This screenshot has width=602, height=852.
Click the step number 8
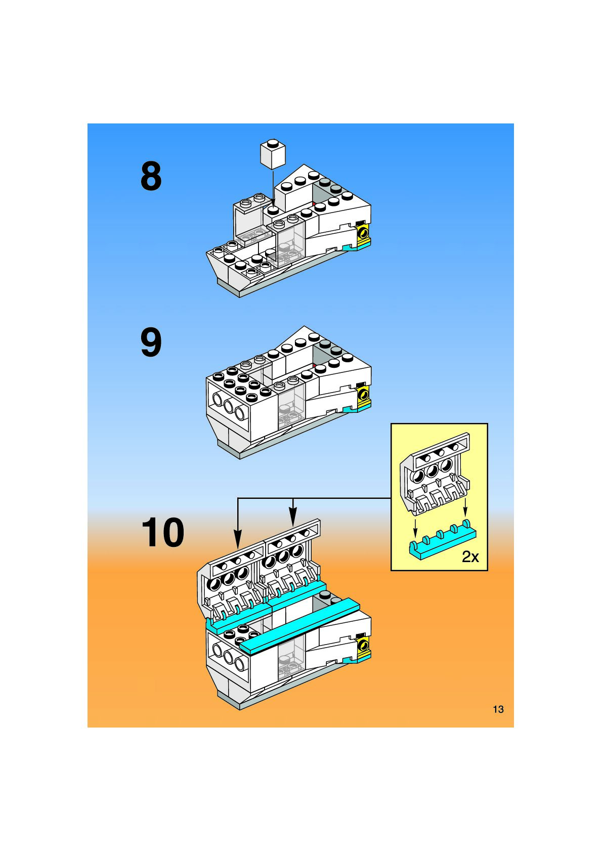pyautogui.click(x=151, y=176)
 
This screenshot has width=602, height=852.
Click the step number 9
pyautogui.click(x=151, y=343)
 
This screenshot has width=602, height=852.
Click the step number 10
pyautogui.click(x=162, y=532)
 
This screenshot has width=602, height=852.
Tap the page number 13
pyautogui.click(x=498, y=709)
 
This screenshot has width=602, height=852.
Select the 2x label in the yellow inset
pyautogui.click(x=470, y=557)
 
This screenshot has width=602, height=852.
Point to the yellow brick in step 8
pyautogui.click(x=363, y=234)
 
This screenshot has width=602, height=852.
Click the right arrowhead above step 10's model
pyautogui.click(x=292, y=519)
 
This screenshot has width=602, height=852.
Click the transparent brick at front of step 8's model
pyautogui.click(x=289, y=243)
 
